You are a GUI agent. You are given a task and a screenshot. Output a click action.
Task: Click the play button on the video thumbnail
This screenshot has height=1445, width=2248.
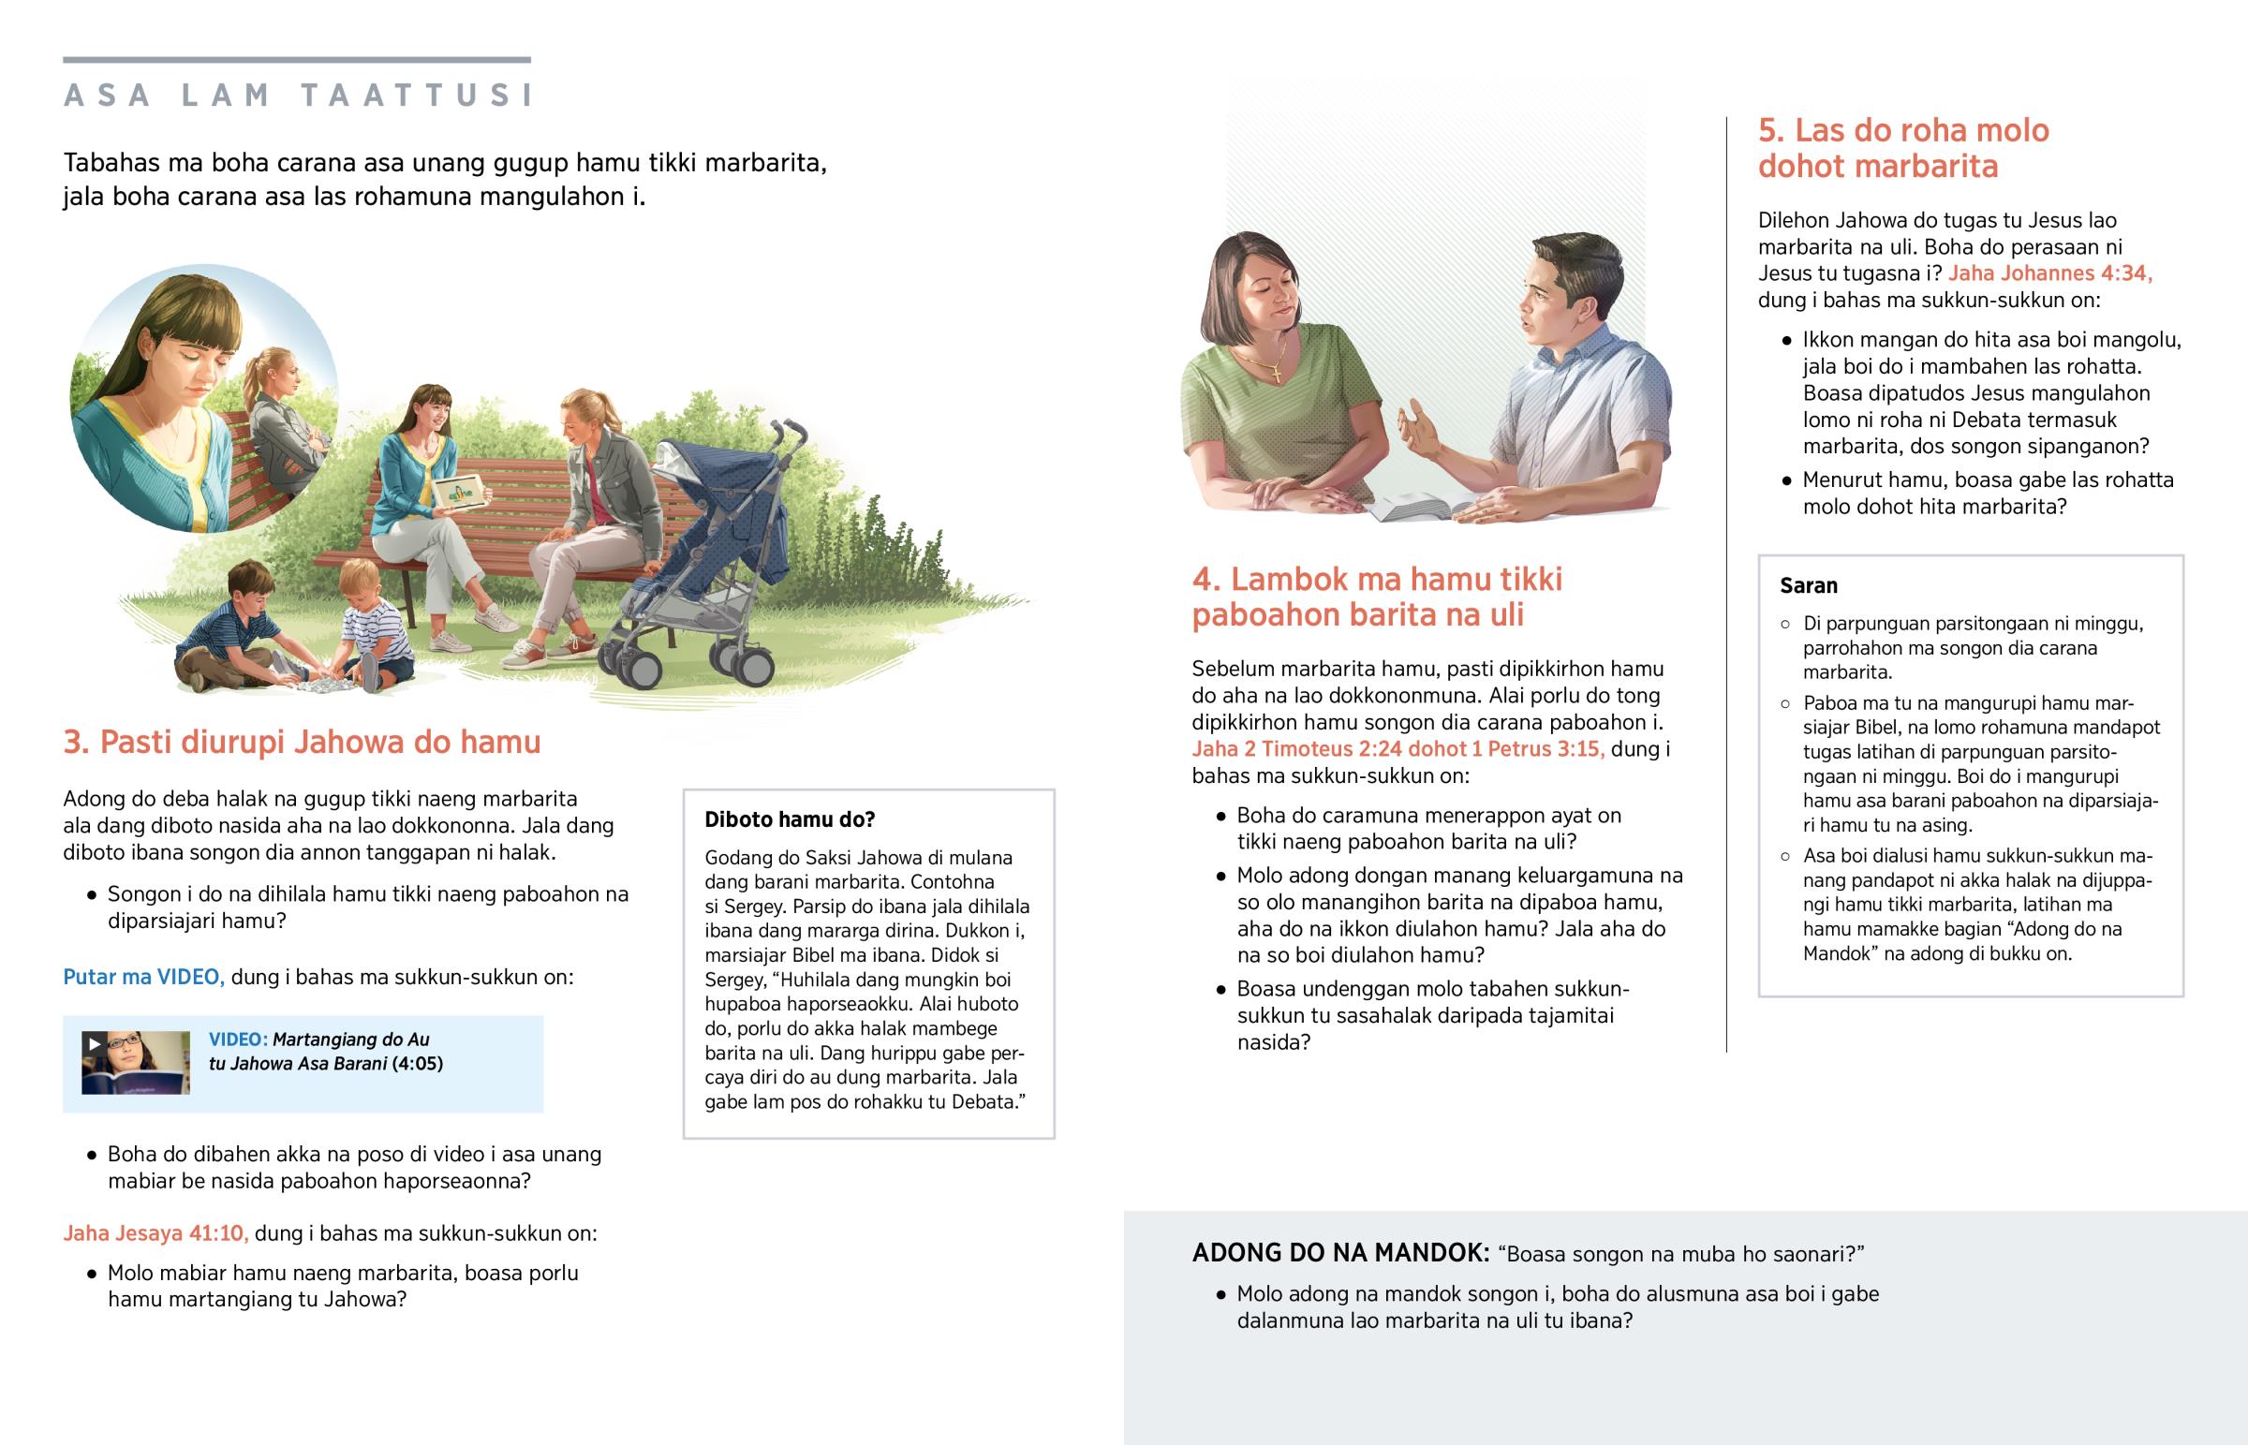coord(94,1043)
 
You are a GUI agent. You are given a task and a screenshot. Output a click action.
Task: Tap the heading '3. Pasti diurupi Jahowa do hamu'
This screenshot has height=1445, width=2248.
coord(302,743)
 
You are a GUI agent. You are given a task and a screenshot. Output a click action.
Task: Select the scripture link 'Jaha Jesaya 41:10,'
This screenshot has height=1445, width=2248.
coord(155,1233)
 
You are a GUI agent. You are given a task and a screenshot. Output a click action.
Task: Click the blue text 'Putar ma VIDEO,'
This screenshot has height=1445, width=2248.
coord(143,977)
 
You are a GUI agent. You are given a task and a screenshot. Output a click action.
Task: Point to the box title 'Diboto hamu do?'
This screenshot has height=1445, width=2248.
coord(789,819)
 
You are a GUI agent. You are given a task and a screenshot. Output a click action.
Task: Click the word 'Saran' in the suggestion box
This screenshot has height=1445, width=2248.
coord(1808,585)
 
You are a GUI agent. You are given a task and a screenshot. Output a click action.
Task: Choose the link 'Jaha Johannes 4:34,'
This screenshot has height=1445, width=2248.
coord(2049,273)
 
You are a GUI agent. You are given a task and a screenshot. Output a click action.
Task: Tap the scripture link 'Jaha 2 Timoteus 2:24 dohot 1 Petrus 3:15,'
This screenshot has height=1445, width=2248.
coord(1397,749)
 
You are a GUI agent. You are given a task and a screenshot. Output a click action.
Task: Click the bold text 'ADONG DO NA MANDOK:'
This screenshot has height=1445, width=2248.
coord(1339,1253)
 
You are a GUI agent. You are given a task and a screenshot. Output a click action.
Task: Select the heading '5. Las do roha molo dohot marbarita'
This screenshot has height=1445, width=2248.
coord(1902,147)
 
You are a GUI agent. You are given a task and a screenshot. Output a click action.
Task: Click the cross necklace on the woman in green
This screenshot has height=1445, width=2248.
coord(1276,372)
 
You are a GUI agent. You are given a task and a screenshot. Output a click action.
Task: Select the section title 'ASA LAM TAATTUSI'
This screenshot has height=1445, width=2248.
coord(299,95)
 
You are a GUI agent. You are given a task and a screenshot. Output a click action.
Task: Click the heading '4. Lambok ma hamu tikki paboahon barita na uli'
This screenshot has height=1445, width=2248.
coord(1376,597)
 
